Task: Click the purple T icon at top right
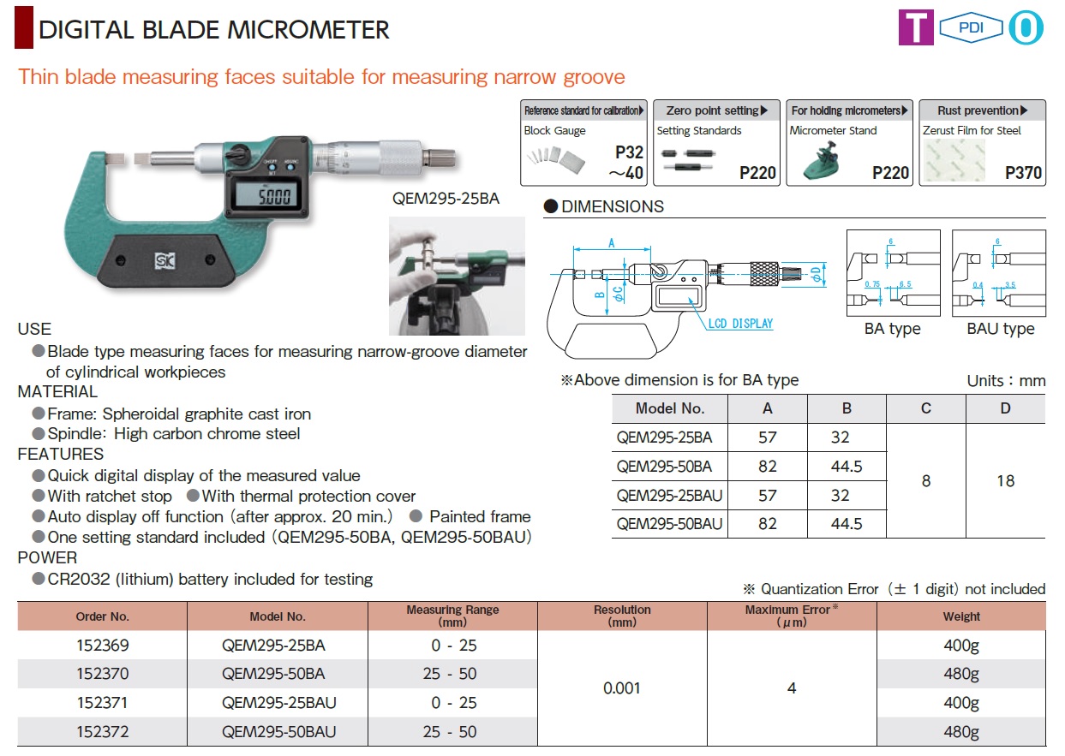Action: point(915,27)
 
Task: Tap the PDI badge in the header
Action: point(970,27)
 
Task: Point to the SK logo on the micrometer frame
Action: point(162,259)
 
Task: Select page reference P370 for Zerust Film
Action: point(1024,173)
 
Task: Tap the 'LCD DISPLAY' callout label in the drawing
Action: point(740,324)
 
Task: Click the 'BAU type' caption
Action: point(1000,329)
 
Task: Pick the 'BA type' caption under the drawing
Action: point(892,329)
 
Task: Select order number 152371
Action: point(102,703)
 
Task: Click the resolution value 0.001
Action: point(621,688)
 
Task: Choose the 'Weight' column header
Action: point(961,616)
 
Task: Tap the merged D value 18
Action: point(1005,481)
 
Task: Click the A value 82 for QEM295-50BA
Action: point(767,467)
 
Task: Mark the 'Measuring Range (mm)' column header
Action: point(452,616)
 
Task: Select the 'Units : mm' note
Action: point(1006,381)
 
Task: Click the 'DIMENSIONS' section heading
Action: point(612,206)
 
